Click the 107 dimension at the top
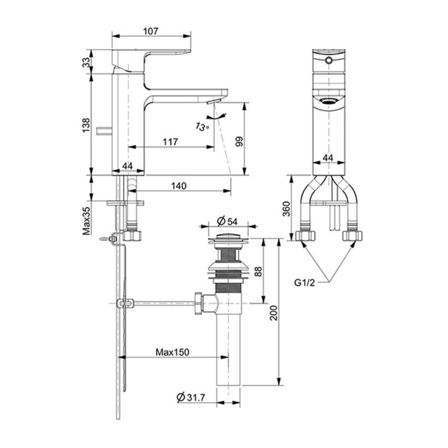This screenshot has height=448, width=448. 151,31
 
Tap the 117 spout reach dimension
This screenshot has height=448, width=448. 170,141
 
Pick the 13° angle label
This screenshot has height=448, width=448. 201,127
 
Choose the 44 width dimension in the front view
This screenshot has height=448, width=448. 328,157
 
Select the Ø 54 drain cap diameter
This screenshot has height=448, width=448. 228,220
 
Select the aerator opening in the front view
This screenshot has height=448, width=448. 328,99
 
